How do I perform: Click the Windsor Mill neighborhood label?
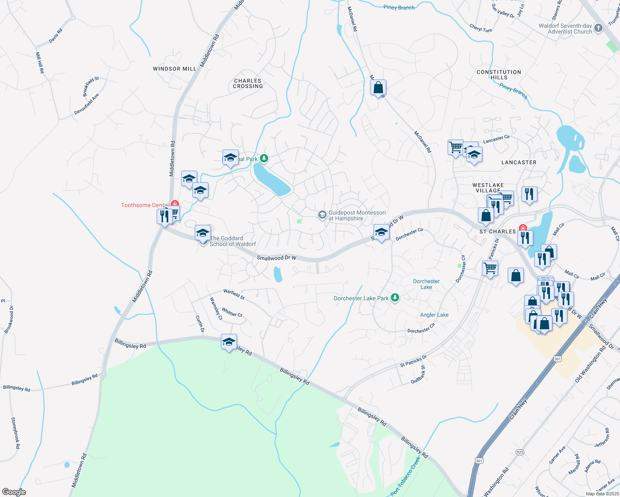pos(174,69)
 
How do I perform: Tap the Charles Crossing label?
pos(248,84)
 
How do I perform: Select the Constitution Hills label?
pos(499,75)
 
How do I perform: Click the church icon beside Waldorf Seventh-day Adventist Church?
pos(598,28)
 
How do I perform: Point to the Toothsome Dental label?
pos(144,205)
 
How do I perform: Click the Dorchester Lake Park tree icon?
pos(395,298)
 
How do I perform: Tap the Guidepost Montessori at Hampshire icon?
pos(322,215)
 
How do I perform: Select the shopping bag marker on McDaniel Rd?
pos(378,88)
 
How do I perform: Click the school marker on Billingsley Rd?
pos(229,342)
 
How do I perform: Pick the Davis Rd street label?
pos(56,36)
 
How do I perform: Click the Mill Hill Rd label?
pos(40,63)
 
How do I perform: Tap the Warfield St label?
pos(234,294)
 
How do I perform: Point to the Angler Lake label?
pos(434,315)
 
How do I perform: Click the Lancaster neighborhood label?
pos(519,162)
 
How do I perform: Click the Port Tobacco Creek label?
pos(406,476)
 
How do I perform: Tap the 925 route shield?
pos(520,452)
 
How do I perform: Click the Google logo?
pos(14,492)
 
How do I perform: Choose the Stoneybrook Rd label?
pos(15,433)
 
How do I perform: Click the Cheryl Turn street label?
pos(481,28)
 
